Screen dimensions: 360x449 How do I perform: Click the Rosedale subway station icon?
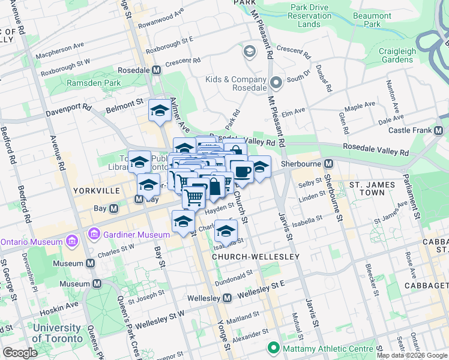pyautogui.click(x=156, y=70)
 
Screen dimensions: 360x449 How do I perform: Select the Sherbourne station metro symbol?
pyautogui.click(x=329, y=163)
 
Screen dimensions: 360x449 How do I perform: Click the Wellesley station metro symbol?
pyautogui.click(x=228, y=298)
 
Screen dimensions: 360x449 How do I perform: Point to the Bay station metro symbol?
pyautogui.click(x=113, y=208)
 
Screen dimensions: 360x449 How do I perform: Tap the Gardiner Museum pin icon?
pyautogui.click(x=94, y=233)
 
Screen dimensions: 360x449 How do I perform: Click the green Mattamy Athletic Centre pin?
pyautogui.click(x=274, y=347)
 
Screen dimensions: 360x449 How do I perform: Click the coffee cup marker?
pyautogui.click(x=242, y=172)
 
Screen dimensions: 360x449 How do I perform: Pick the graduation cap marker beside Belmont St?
pyautogui.click(x=160, y=110)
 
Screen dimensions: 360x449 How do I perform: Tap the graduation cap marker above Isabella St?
pyautogui.click(x=225, y=230)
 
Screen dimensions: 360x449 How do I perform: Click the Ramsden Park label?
pyautogui.click(x=94, y=83)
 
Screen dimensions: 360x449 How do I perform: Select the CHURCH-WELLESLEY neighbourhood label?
pyautogui.click(x=255, y=257)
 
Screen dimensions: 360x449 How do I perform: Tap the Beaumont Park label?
pyautogui.click(x=372, y=20)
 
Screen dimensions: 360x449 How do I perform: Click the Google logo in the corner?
pyautogui.click(x=20, y=353)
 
